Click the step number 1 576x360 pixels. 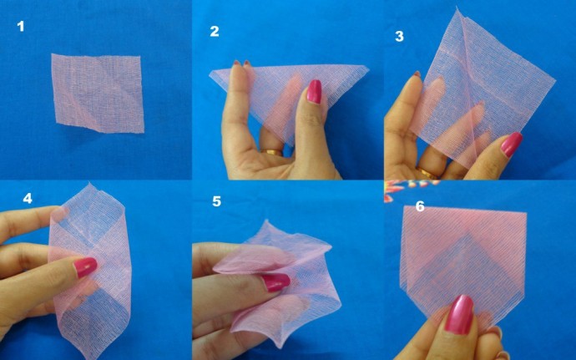pyautogui.click(x=21, y=27)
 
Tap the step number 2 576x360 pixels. pyautogui.click(x=215, y=32)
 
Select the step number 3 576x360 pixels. pyautogui.click(x=399, y=36)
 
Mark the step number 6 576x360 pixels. pyautogui.click(x=420, y=205)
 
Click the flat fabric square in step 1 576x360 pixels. pyautogui.click(x=99, y=91)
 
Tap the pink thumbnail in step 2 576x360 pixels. pyautogui.click(x=314, y=91)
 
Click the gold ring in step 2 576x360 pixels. pyautogui.click(x=273, y=153)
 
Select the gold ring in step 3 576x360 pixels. pyautogui.click(x=427, y=174)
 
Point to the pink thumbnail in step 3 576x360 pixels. pyautogui.click(x=511, y=145)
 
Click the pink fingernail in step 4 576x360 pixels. pyautogui.click(x=85, y=267)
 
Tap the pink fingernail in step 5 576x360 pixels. pyautogui.click(x=275, y=282)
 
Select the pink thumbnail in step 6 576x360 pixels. pyautogui.click(x=458, y=314)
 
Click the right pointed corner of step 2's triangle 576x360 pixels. pyautogui.click(x=368, y=69)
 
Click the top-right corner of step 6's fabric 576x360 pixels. pyautogui.click(x=528, y=210)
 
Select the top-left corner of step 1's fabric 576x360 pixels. pyautogui.click(x=52, y=55)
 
